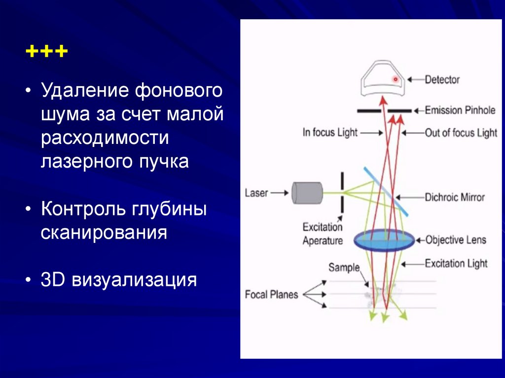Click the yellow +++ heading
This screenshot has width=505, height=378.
(47, 52)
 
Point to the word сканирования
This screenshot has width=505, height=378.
(104, 232)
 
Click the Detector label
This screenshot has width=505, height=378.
(442, 79)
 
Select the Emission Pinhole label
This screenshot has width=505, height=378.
(460, 110)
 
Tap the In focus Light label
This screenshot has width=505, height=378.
(330, 133)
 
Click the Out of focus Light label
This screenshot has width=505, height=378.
(461, 133)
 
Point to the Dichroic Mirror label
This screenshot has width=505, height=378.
(454, 197)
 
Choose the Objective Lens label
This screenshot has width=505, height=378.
(456, 240)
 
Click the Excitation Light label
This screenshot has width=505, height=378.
(456, 264)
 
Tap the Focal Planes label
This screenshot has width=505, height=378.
(271, 295)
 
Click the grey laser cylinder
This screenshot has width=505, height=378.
(307, 193)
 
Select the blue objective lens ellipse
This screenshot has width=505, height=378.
(384, 240)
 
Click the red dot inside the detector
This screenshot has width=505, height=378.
(395, 79)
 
